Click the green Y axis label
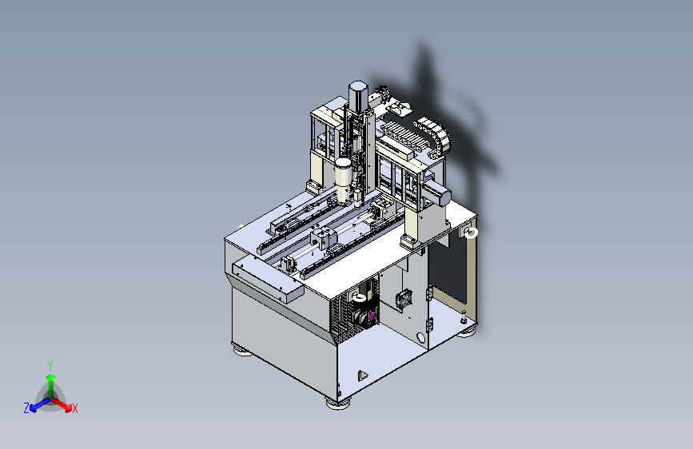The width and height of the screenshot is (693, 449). click(50, 365)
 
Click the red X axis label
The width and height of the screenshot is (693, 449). click(74, 408)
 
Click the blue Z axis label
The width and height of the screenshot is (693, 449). click(26, 408)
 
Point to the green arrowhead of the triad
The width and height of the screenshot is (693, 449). click(51, 377)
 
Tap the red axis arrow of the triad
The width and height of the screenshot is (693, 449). click(62, 404)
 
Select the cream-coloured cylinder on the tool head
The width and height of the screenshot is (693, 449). click(343, 181)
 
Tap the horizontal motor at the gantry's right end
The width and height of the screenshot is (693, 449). click(436, 193)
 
